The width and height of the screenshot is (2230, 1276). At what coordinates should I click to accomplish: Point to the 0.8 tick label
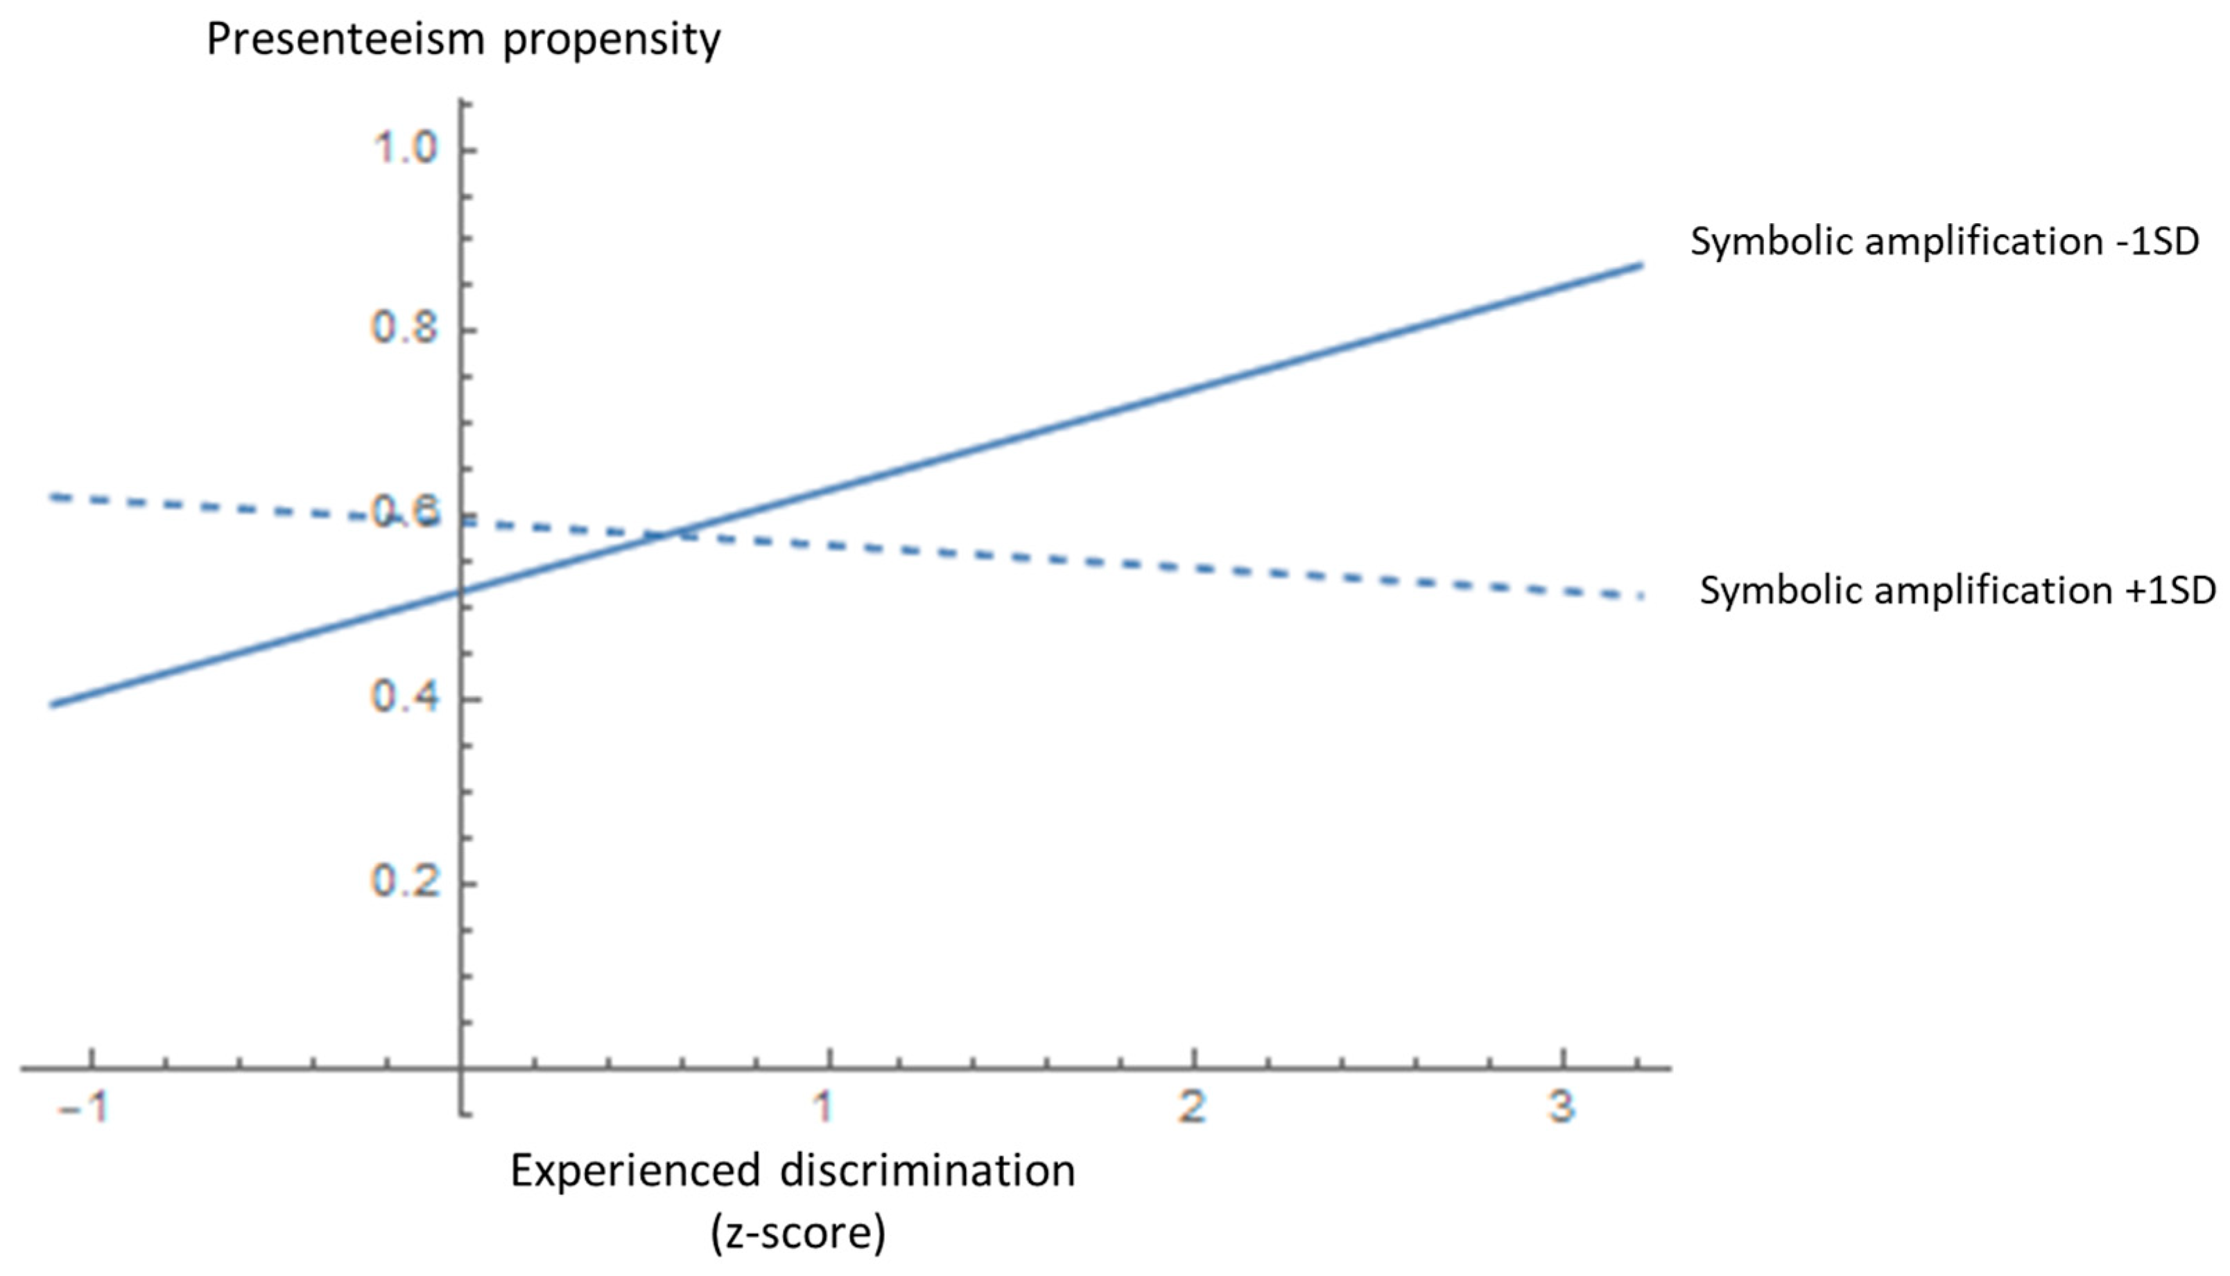click(x=404, y=329)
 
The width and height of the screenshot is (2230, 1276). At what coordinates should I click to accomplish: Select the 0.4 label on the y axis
click(x=404, y=697)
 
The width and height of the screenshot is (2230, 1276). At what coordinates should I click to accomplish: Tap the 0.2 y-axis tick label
click(x=404, y=881)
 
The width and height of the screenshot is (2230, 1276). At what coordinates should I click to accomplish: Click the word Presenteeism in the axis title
click(x=345, y=40)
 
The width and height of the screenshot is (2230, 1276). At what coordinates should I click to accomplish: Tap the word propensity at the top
click(x=611, y=40)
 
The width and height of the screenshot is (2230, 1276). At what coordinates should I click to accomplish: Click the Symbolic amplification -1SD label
click(x=1944, y=242)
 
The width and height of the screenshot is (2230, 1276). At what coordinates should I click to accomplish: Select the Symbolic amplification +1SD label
click(x=1957, y=591)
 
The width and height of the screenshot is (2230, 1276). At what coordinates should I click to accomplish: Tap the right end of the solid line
click(x=1641, y=264)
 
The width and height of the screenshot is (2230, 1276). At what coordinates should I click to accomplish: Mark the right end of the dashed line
click(x=1641, y=597)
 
